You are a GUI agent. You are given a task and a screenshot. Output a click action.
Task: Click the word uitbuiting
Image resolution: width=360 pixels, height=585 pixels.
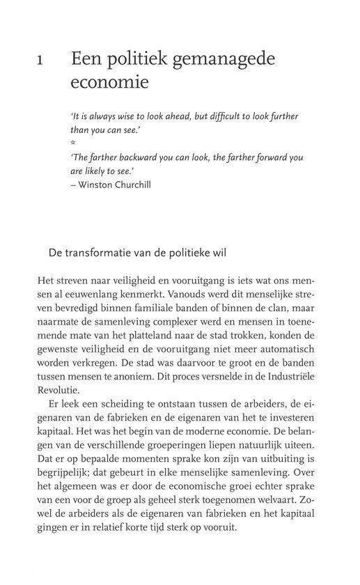[267, 460]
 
